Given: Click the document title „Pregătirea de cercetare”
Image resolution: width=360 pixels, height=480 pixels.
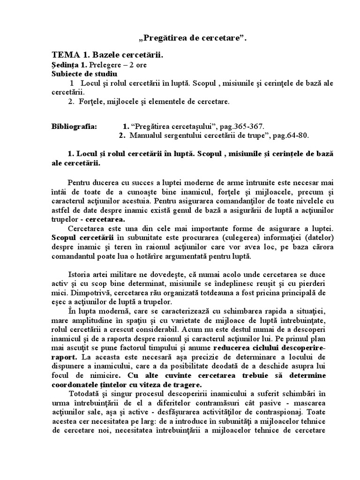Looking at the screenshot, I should (x=180, y=38).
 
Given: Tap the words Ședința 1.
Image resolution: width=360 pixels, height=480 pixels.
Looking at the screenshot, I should (x=66, y=65).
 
